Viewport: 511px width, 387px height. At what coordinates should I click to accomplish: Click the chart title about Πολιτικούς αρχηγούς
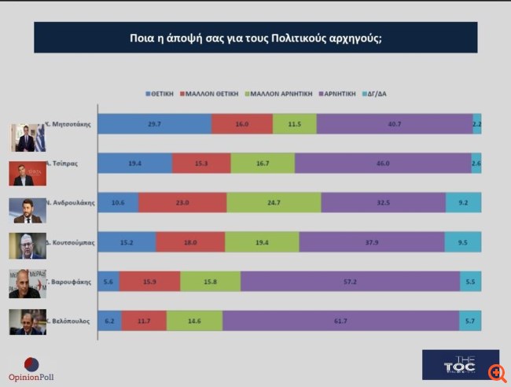pyautogui.click(x=256, y=37)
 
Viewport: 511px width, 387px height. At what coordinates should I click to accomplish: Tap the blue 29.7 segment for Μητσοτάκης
pyautogui.click(x=154, y=124)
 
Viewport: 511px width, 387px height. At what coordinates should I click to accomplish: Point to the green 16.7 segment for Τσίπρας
pyautogui.click(x=263, y=163)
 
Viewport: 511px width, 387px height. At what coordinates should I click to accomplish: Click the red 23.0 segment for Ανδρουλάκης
pyautogui.click(x=182, y=202)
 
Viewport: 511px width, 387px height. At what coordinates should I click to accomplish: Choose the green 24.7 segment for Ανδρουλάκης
pyautogui.click(x=274, y=202)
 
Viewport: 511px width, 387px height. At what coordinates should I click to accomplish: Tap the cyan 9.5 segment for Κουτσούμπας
pyautogui.click(x=463, y=242)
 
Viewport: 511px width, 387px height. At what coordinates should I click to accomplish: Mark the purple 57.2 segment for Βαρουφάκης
pyautogui.click(x=350, y=282)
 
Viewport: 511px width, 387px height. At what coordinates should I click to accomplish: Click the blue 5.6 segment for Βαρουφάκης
pyautogui.click(x=108, y=282)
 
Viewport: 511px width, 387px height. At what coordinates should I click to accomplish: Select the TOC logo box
pyautogui.click(x=460, y=364)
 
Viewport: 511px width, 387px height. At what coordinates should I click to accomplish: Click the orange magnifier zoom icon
pyautogui.click(x=497, y=372)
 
